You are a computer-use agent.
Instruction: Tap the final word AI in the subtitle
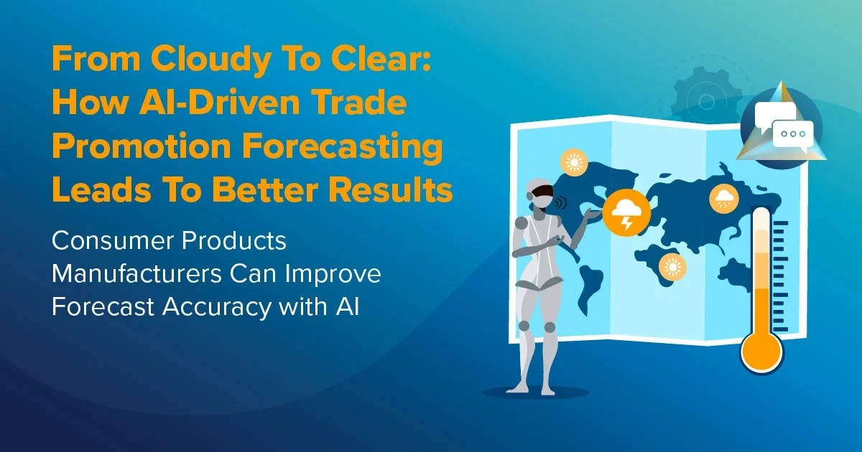[344, 306]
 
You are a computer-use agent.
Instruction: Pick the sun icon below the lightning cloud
[672, 268]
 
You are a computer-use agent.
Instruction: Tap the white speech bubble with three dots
[792, 134]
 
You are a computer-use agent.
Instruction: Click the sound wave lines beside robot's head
[561, 202]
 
